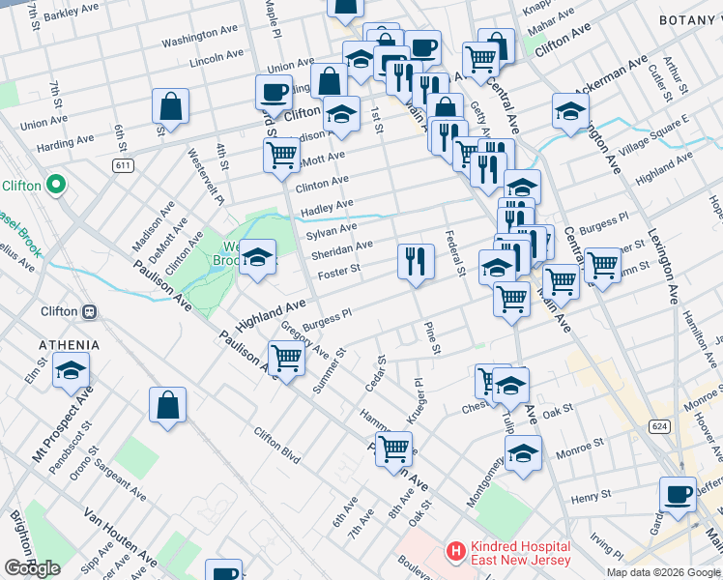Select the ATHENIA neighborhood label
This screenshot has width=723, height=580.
click(x=69, y=345)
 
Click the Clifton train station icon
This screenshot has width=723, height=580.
click(x=89, y=311)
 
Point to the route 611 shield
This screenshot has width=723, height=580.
click(x=123, y=166)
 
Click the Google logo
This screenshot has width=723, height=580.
click(x=33, y=568)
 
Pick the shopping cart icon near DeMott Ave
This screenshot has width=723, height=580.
click(x=281, y=154)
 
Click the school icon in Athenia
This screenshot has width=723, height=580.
click(x=71, y=371)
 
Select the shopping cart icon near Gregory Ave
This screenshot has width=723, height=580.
click(x=287, y=359)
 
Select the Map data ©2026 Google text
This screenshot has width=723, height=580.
click(x=663, y=572)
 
